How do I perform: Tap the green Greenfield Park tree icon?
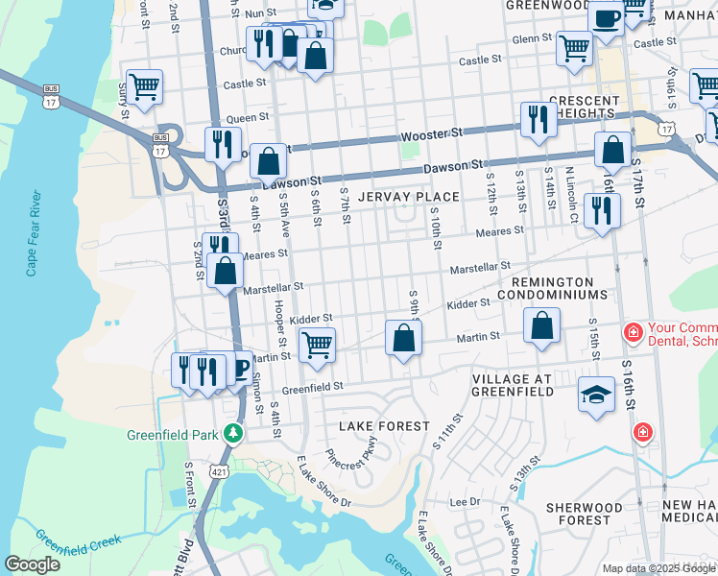[231, 434]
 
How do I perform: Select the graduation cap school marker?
[596, 395]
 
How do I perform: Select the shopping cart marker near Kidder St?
[317, 343]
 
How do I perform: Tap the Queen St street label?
[248, 117]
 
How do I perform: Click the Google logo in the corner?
[32, 564]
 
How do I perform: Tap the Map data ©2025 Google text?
[657, 568]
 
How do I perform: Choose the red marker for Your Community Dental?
[632, 333]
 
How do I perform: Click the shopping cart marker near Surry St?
[144, 86]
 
